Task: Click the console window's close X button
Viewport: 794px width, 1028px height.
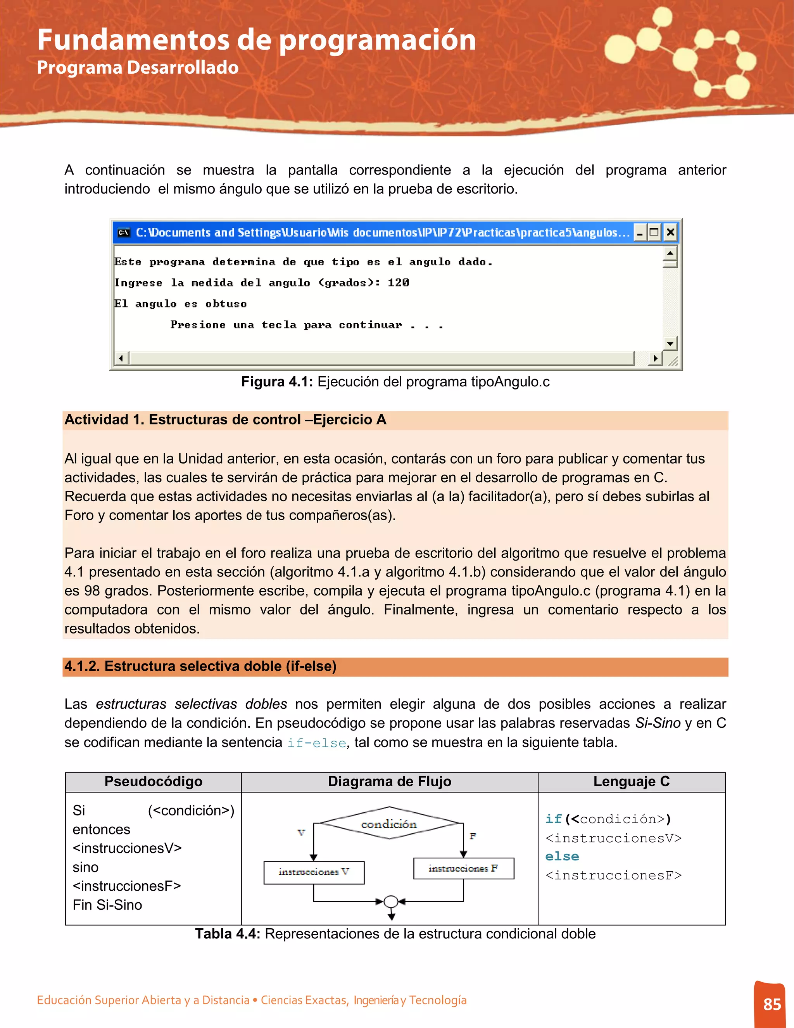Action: tap(670, 232)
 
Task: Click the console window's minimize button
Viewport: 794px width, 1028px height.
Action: tap(640, 232)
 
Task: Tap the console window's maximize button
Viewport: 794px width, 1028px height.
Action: tap(654, 232)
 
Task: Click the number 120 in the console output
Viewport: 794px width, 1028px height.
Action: tap(399, 282)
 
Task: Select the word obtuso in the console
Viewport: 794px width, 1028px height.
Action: tap(226, 304)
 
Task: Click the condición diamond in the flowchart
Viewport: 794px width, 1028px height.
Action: tap(388, 824)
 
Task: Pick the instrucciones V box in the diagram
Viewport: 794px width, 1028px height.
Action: tap(314, 872)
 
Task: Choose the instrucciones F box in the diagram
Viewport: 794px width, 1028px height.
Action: tap(463, 869)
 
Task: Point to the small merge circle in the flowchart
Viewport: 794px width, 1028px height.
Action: tap(391, 902)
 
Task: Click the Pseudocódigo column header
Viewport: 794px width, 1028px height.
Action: tap(154, 782)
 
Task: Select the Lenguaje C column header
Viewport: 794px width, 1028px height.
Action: tap(631, 782)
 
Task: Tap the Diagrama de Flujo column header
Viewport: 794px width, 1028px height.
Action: tap(390, 782)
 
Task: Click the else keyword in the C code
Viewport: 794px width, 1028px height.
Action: tap(562, 856)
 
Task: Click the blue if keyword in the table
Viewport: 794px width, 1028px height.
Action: tap(554, 819)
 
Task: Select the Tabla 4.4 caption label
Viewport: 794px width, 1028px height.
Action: tap(228, 934)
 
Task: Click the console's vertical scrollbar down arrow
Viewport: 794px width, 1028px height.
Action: tap(670, 343)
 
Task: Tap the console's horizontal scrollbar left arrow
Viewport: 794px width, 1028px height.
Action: tap(121, 358)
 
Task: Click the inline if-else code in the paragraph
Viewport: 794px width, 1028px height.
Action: tap(317, 743)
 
